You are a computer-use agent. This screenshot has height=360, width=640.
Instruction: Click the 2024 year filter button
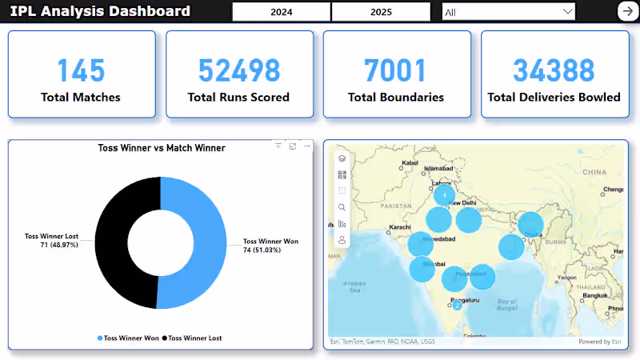[x=281, y=12]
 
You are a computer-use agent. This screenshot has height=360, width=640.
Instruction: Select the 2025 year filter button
[x=382, y=12]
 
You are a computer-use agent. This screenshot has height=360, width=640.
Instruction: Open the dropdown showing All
[x=509, y=12]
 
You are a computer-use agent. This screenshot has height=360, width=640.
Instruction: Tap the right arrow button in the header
[x=626, y=11]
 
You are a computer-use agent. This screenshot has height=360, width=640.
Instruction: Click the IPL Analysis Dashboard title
[x=100, y=11]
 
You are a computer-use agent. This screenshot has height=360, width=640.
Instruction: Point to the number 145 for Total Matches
[x=81, y=71]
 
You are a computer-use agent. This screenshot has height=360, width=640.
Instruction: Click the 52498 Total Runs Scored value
[x=238, y=71]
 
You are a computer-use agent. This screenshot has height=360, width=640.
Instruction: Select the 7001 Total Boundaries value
[x=395, y=71]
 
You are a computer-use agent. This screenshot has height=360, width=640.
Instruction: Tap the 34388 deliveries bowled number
[x=554, y=71]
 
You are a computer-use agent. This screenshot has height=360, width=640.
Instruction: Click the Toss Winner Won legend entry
[x=128, y=338]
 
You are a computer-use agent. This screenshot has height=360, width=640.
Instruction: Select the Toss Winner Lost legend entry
[x=192, y=338]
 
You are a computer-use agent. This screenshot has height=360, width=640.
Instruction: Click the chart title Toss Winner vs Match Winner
[x=161, y=148]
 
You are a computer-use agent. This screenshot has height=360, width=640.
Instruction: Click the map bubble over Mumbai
[x=422, y=269]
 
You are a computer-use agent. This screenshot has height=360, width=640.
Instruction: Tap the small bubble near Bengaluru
[x=457, y=305]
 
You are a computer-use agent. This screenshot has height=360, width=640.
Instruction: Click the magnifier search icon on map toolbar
[x=342, y=207]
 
